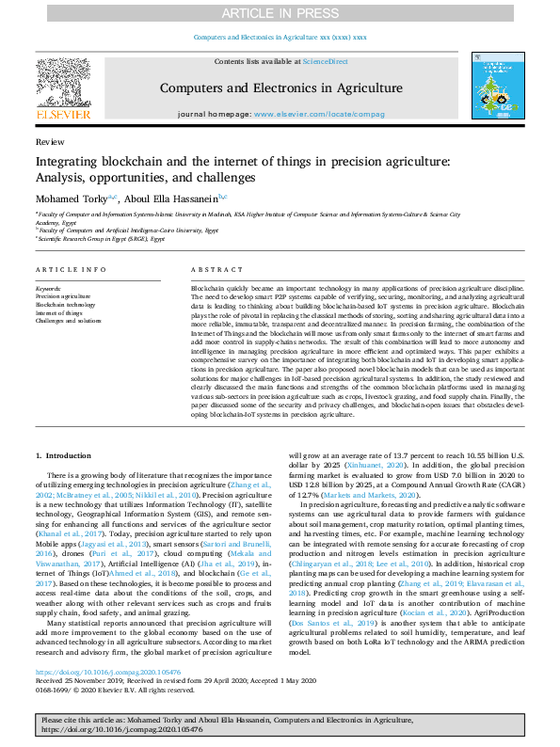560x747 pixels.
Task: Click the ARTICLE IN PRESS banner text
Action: click(x=280, y=13)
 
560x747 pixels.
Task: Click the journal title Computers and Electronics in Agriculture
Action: click(x=280, y=88)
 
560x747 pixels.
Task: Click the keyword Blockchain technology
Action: click(x=66, y=305)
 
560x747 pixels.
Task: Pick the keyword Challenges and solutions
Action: click(x=69, y=321)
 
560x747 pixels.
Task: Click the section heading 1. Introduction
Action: click(x=64, y=454)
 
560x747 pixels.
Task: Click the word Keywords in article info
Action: click(x=48, y=288)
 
